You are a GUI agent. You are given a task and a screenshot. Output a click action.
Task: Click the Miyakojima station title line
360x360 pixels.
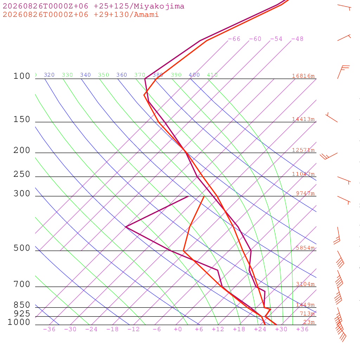point(94,6)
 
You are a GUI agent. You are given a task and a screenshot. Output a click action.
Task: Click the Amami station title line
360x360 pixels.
point(81,14)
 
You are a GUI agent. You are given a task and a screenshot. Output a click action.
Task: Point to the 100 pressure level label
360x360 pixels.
point(22,76)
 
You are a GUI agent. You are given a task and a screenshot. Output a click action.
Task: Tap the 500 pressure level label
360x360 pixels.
point(22,248)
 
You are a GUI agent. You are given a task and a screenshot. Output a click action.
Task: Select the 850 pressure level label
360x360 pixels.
point(22,305)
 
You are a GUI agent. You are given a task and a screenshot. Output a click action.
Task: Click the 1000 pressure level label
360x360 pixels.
point(19,322)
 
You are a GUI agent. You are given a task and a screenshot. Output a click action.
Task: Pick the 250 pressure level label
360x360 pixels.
point(22,174)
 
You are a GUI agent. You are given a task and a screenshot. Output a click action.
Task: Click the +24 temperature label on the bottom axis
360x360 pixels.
point(260,329)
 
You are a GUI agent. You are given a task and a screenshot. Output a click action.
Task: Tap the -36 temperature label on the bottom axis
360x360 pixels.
point(49,329)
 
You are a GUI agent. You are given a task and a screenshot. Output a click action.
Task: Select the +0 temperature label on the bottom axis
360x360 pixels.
point(178,329)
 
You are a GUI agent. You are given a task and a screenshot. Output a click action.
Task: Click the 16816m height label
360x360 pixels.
point(303,76)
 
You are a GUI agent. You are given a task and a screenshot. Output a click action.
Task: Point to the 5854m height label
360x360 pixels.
point(306,248)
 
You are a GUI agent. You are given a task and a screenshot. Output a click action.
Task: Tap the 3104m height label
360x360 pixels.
point(306,284)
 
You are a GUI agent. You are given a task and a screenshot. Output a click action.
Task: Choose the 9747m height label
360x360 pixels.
point(306,193)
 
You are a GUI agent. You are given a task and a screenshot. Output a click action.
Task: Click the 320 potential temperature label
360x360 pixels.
point(49,75)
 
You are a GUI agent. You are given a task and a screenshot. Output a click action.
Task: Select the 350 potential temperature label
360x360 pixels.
point(104,75)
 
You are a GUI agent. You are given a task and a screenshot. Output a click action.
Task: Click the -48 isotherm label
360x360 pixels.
point(297,39)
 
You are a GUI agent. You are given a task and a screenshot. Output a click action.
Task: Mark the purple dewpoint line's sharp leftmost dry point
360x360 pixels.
point(126,227)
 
